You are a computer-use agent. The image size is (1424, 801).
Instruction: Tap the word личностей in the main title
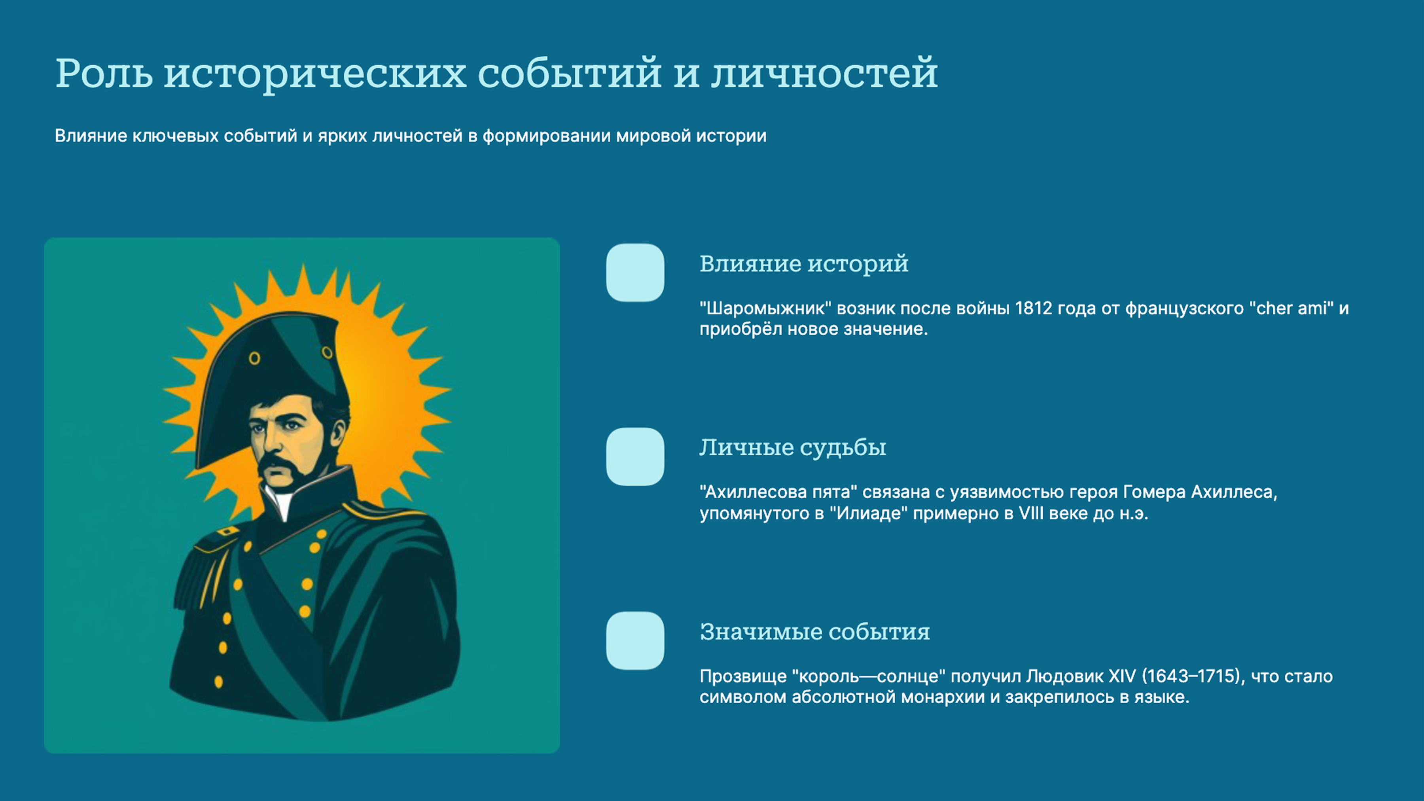click(x=824, y=74)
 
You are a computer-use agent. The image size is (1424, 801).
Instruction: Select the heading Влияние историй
click(x=804, y=264)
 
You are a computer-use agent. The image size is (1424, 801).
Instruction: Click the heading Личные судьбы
click(x=793, y=447)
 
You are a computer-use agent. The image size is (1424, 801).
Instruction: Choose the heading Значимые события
click(x=815, y=631)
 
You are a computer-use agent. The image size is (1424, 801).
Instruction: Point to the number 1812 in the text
click(x=1033, y=309)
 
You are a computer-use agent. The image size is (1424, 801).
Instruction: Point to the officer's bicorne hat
click(x=271, y=370)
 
